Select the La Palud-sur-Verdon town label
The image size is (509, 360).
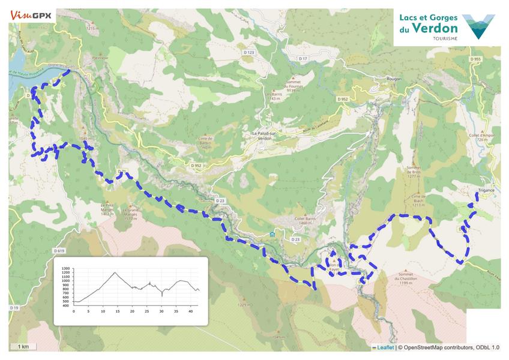(264, 135)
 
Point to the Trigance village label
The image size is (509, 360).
(486, 190)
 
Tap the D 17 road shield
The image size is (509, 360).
(303, 58)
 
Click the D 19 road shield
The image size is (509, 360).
(14, 307)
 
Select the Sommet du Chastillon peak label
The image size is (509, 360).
(406, 280)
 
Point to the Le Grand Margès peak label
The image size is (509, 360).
(130, 214)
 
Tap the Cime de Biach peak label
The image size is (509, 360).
(418, 200)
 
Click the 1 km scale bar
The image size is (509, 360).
(23, 347)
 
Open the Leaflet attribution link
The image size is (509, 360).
(385, 347)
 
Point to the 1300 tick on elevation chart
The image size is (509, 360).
(65, 268)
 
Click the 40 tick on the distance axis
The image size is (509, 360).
(191, 311)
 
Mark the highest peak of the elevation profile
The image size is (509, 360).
(115, 273)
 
